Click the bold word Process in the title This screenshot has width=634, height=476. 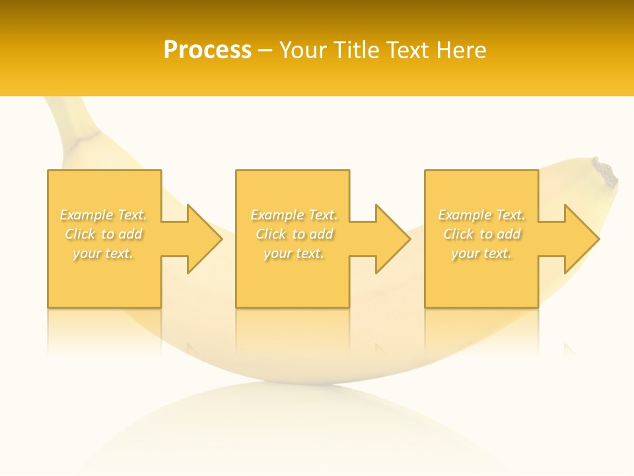(x=207, y=50)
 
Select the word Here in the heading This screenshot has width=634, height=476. (x=462, y=50)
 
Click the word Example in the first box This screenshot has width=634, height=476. (x=86, y=215)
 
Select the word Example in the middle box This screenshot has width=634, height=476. (x=277, y=215)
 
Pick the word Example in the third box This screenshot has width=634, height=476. (x=464, y=215)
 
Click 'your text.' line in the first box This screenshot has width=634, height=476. (x=103, y=253)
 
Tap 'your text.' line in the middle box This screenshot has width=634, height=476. (x=294, y=253)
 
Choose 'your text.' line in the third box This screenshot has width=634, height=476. (x=481, y=253)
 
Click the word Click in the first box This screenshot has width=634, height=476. (x=80, y=234)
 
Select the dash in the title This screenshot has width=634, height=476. (x=265, y=51)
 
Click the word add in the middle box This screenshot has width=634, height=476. (x=320, y=234)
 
